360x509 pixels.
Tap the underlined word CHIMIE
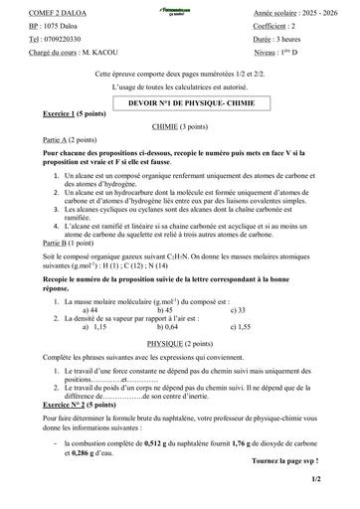[x=179, y=129]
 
